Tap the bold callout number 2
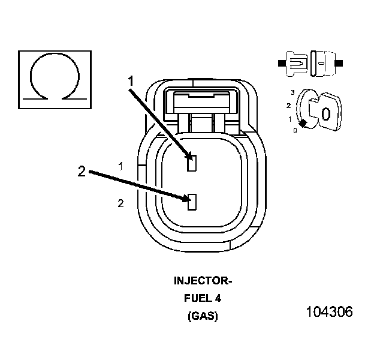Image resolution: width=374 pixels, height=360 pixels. click(82, 172)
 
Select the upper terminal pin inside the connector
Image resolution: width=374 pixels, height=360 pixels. click(192, 163)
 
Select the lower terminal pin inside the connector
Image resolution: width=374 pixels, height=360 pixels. click(192, 202)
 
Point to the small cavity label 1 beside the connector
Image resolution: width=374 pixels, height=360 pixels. click(121, 166)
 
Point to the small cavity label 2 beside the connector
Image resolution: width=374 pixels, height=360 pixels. click(121, 204)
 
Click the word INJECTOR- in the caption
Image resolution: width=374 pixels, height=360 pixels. click(202, 281)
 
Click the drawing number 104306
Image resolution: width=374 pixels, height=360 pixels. click(329, 312)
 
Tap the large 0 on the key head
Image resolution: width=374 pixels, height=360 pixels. click(325, 113)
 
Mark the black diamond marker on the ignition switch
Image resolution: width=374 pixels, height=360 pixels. click(303, 123)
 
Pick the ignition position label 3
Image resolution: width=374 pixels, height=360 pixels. click(292, 92)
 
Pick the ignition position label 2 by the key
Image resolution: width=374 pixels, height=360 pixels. click(289, 106)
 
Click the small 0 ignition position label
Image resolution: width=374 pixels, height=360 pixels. click(295, 130)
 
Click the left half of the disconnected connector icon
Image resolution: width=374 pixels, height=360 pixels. click(296, 62)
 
